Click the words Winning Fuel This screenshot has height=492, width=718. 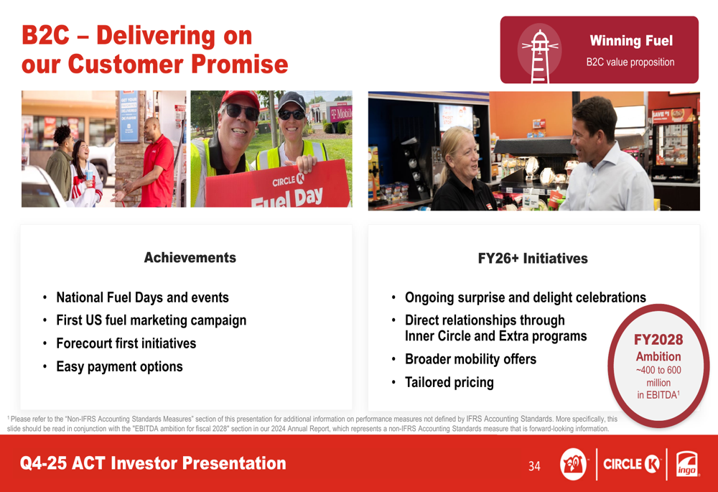[x=631, y=41]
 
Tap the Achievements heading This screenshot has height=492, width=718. [x=190, y=257]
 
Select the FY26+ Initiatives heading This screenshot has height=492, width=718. [x=533, y=259]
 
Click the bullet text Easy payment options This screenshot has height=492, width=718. [x=119, y=366]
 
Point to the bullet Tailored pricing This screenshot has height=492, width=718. [x=449, y=382]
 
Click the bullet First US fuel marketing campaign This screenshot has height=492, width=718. [x=151, y=320]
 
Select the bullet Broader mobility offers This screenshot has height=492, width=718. [x=470, y=359]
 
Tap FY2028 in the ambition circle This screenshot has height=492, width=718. [x=658, y=340]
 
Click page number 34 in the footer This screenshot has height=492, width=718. [x=534, y=466]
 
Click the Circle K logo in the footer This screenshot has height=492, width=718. [x=632, y=464]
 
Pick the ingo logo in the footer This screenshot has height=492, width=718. [x=687, y=465]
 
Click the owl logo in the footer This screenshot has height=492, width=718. [x=573, y=464]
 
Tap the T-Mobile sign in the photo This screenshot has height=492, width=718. [x=341, y=113]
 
